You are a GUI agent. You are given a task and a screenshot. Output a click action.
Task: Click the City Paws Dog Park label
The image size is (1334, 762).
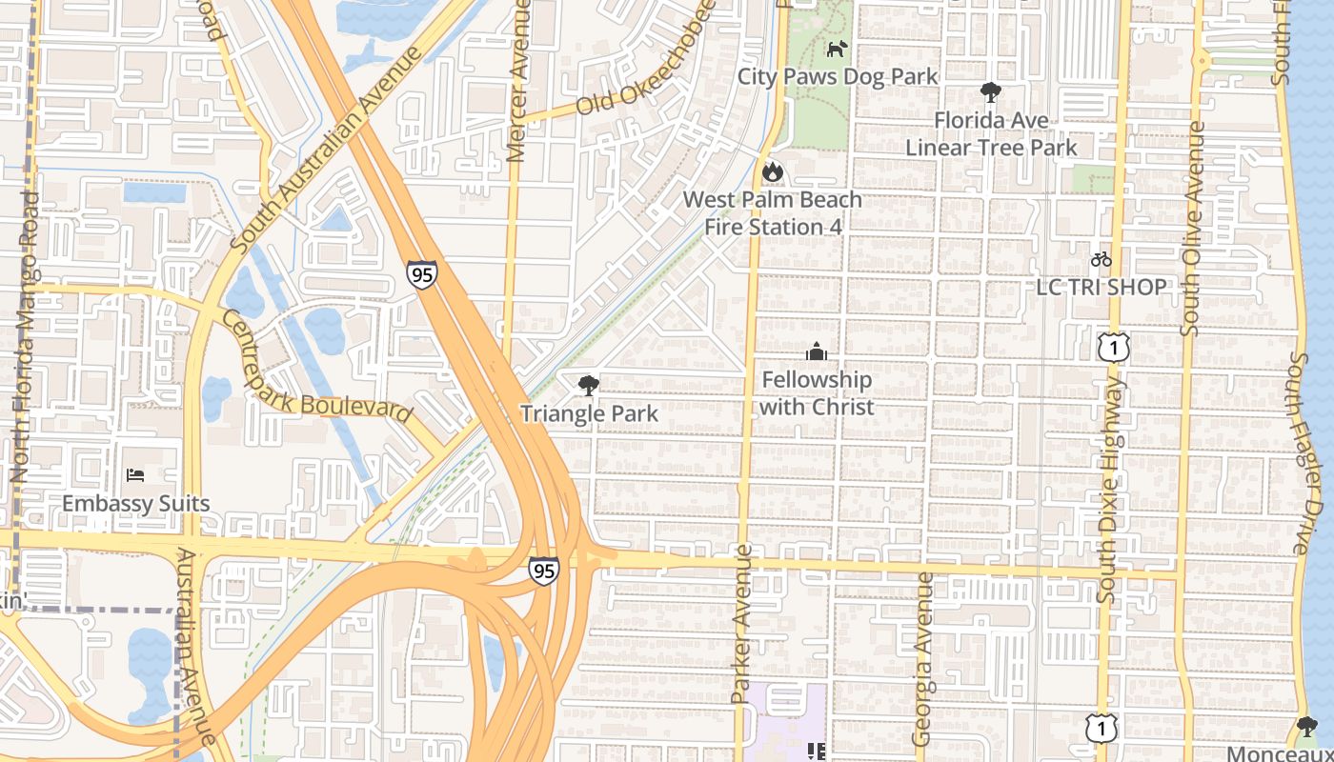[838, 76]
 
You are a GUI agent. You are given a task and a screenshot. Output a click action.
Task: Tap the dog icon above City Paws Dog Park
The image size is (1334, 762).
[837, 49]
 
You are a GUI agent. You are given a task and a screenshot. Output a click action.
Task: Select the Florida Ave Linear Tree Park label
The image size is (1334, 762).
[991, 134]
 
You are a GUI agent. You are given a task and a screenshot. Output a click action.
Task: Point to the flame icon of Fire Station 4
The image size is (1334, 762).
[772, 172]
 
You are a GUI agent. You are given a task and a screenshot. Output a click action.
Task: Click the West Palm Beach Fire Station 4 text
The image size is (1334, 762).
[773, 213]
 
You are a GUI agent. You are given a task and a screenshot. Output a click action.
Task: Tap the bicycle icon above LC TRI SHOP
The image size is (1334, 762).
[1101, 259]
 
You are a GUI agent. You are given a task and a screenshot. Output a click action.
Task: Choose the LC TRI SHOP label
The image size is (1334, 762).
[1101, 287]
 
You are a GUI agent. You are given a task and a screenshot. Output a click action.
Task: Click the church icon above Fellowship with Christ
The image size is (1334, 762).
[816, 352]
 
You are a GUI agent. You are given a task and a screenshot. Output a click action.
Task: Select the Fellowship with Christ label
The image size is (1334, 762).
[817, 393]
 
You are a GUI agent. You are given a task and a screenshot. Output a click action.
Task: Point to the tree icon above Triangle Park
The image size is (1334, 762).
[589, 386]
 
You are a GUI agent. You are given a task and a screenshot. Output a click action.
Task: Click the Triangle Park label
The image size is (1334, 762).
[589, 413]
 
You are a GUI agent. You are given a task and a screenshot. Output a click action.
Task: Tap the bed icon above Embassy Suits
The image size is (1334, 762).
[135, 475]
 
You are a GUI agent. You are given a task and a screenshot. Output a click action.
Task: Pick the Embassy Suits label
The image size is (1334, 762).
[135, 503]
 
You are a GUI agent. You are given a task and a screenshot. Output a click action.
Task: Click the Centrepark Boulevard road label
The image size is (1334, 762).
[318, 368]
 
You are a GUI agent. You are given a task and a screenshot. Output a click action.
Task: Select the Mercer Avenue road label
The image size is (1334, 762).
[518, 81]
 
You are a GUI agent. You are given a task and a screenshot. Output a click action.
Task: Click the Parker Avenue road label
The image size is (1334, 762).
[742, 624]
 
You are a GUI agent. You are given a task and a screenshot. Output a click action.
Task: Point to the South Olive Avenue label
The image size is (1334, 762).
[1191, 229]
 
